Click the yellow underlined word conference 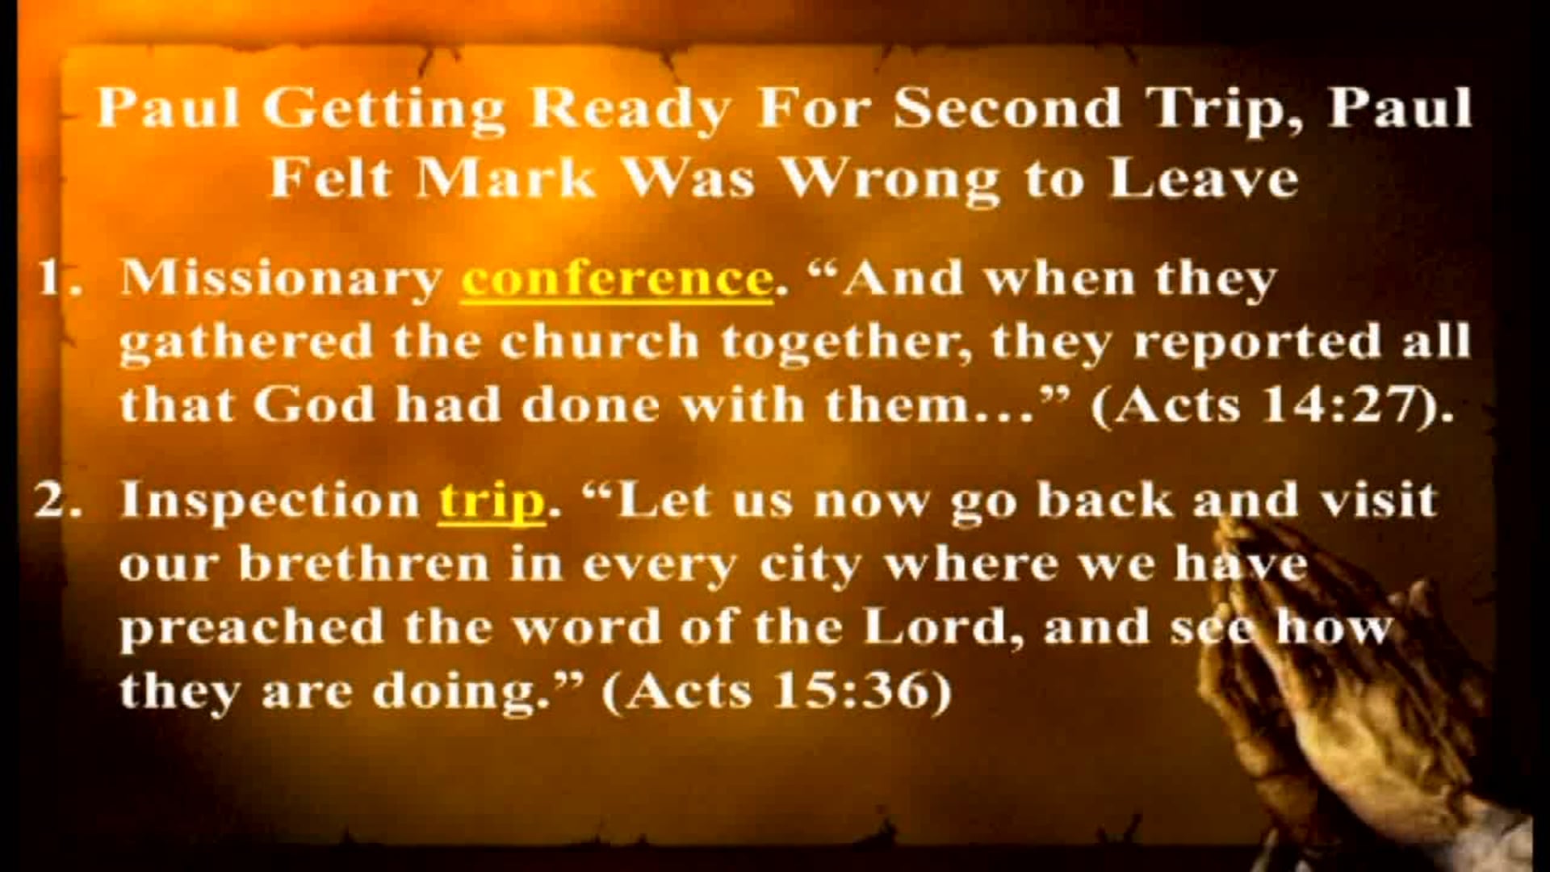617,279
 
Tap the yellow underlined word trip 492,501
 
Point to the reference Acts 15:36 777,691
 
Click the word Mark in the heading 505,178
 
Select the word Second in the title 1007,108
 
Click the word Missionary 280,279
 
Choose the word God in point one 313,405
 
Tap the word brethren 364,564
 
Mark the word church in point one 599,342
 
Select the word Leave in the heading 1203,178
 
